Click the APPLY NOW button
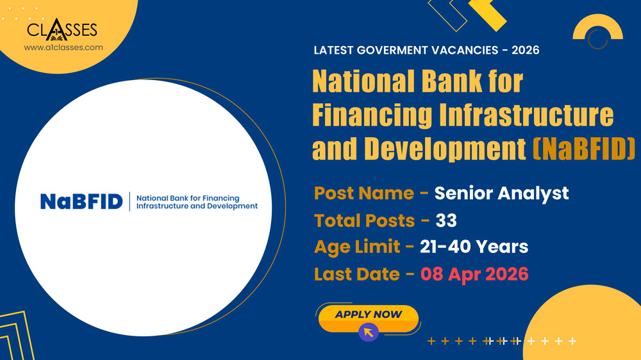click(x=368, y=315)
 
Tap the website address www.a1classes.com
click(x=63, y=47)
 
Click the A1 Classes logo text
click(x=62, y=29)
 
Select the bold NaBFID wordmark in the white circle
click(x=81, y=202)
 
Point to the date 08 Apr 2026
click(x=474, y=274)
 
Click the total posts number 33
click(x=446, y=220)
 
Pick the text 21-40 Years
click(x=474, y=247)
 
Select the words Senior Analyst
click(x=501, y=193)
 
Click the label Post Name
click(x=364, y=193)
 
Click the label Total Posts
click(x=364, y=220)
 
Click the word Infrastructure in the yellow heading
click(x=526, y=115)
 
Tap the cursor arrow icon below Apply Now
click(x=368, y=332)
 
